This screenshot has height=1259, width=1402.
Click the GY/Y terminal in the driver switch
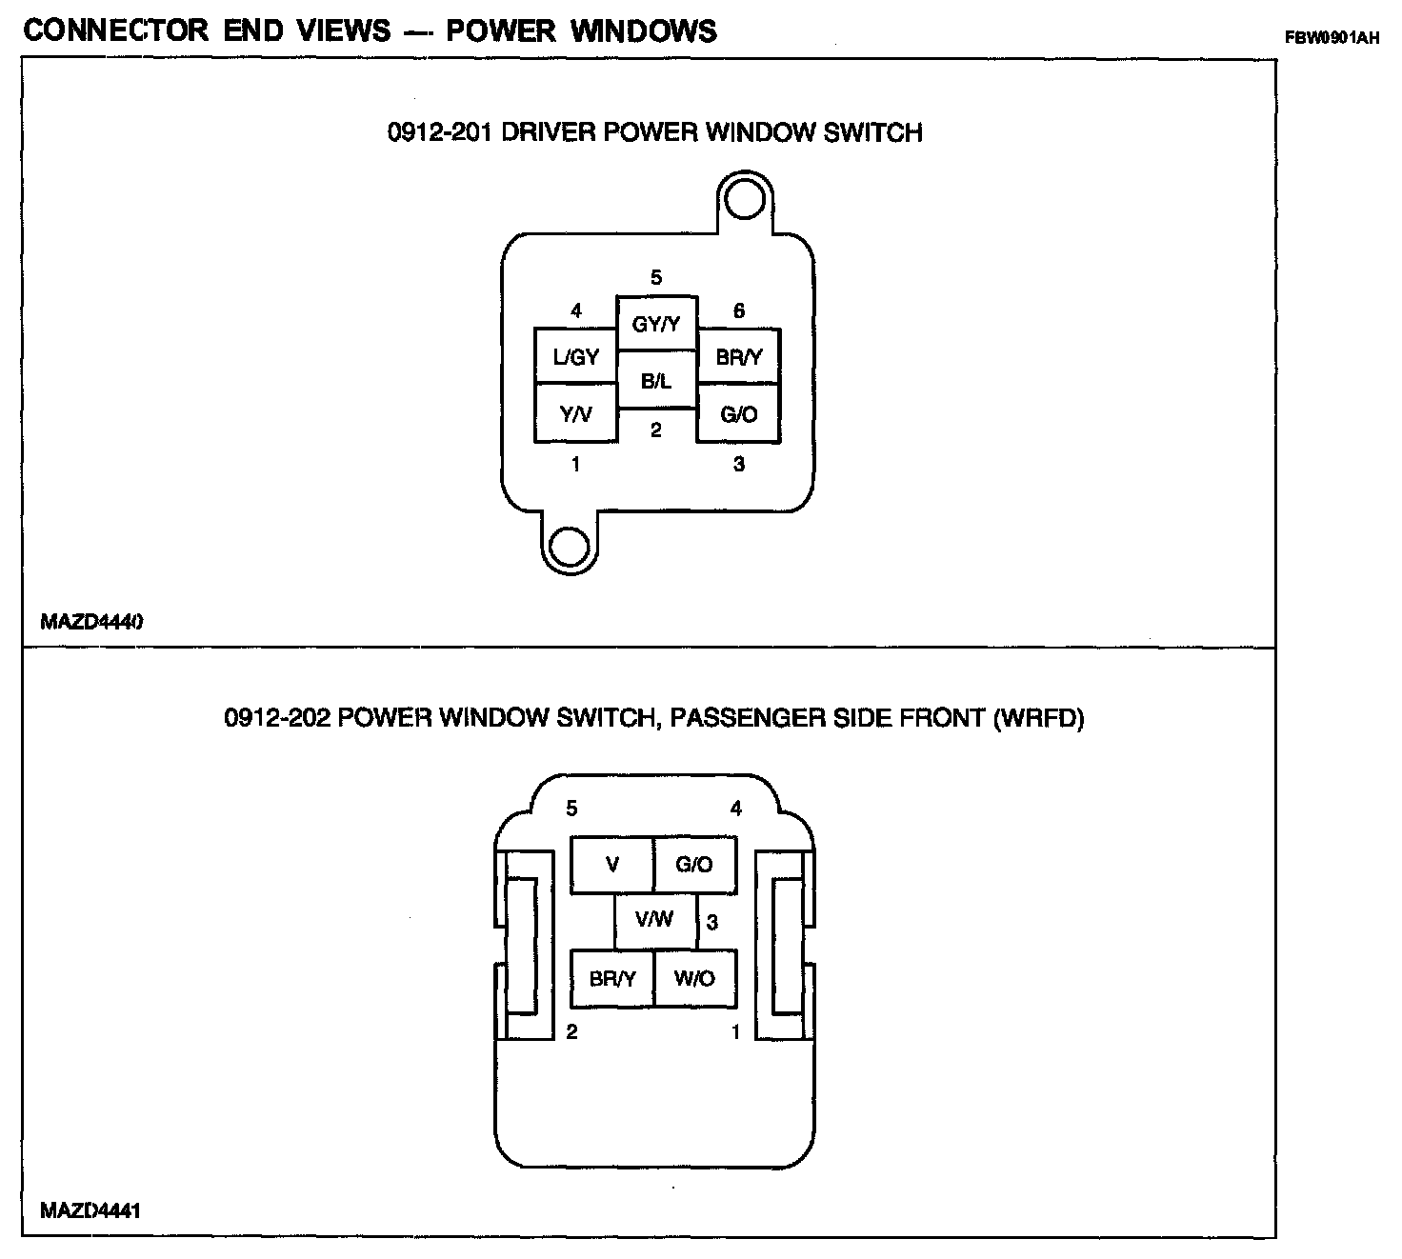click(x=656, y=324)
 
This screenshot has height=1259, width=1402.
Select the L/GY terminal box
click(x=575, y=357)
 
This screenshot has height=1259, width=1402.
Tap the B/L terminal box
click(x=656, y=381)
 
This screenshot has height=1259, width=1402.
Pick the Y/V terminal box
click(x=575, y=413)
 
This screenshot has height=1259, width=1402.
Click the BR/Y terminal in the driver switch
click(x=739, y=357)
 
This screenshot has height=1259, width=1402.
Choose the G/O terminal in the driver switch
click(x=739, y=413)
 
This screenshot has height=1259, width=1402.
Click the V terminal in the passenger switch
click(x=612, y=865)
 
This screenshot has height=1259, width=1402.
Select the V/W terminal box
click(x=655, y=920)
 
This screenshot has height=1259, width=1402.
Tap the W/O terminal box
click(x=695, y=978)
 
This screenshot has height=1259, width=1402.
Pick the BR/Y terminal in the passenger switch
click(x=612, y=978)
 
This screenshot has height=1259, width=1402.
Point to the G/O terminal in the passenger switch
click(x=695, y=865)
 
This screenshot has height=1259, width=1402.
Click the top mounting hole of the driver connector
click(x=744, y=200)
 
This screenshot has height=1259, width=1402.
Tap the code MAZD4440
click(x=91, y=622)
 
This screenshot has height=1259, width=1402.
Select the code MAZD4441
click(x=91, y=1211)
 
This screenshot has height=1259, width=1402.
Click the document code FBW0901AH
click(x=1332, y=39)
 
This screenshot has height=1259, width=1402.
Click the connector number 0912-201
click(x=439, y=131)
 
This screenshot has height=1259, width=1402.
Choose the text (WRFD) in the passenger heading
click(x=1038, y=717)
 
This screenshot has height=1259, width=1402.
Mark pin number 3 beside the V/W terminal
click(x=712, y=922)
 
